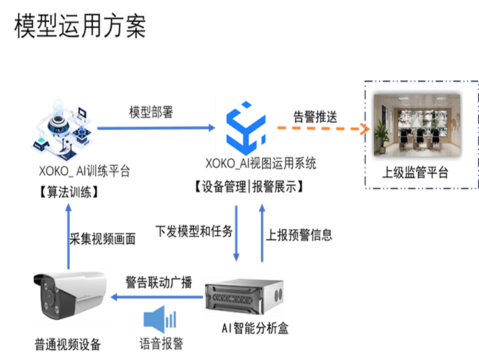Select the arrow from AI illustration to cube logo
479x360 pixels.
click(x=156, y=128)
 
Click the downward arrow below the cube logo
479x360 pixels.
click(x=236, y=233)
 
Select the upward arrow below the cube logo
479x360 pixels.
click(x=261, y=233)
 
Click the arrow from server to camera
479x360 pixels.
click(x=156, y=297)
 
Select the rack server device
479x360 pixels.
click(x=244, y=296)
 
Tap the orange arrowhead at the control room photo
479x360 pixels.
click(x=366, y=129)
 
